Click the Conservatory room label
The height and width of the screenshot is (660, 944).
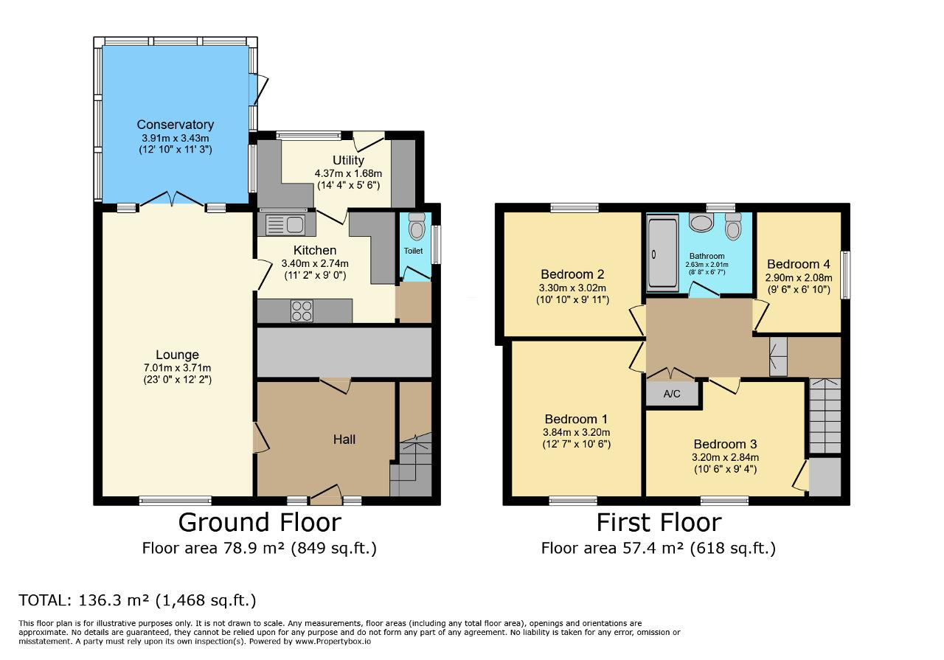pos(176,125)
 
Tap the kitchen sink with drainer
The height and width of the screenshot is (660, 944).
pos(285,225)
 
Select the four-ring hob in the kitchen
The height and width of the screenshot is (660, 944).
pos(302,311)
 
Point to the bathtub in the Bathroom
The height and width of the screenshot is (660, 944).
pos(663,253)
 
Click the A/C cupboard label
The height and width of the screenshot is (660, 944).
pos(672,394)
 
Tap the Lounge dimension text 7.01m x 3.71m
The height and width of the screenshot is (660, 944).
pos(178,368)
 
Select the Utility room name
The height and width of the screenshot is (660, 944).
pos(348,160)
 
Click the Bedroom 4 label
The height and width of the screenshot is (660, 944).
pos(799,264)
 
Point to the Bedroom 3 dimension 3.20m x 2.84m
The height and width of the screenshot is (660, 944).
pos(725,457)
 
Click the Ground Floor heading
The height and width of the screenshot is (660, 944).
pos(260,523)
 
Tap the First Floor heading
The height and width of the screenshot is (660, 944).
pos(659,523)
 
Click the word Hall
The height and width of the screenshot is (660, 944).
pos(344,440)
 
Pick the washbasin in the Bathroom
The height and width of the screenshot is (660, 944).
pos(701,222)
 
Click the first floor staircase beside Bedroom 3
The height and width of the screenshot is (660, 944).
pos(825,416)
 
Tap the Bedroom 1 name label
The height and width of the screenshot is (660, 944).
pos(576,419)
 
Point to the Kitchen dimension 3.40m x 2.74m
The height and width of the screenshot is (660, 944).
pos(315,263)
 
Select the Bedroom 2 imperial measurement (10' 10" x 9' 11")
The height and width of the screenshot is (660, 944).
pos(573,300)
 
